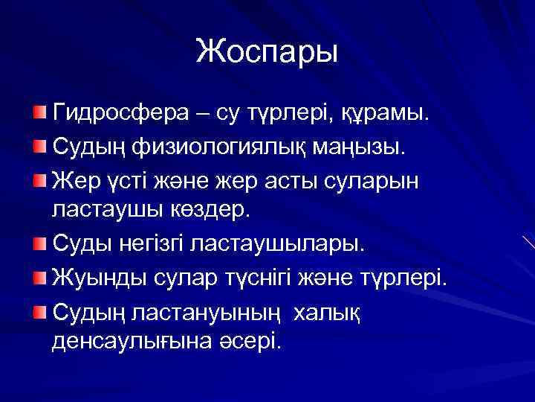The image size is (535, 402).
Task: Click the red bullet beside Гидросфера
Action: click(x=39, y=112)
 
